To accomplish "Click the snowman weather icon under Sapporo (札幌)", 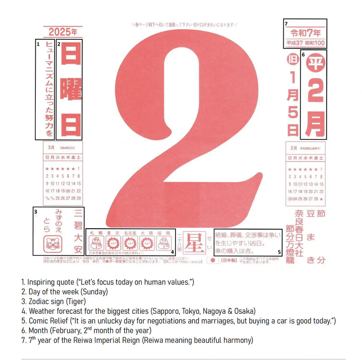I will click(96, 243).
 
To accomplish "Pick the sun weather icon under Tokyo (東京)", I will click(113, 243).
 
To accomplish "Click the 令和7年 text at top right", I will click(306, 33).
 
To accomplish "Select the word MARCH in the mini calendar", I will click(67, 148).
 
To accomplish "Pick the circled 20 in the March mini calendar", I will click(68, 191).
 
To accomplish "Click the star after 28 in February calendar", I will click(321, 199).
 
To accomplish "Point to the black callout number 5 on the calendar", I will click(279, 252).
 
